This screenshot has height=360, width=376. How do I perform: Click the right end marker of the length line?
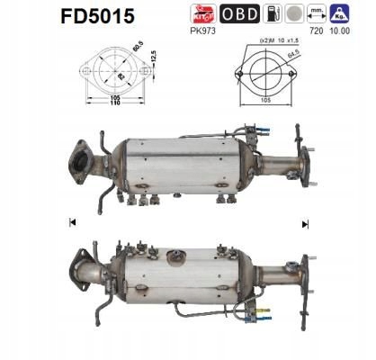305,221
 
